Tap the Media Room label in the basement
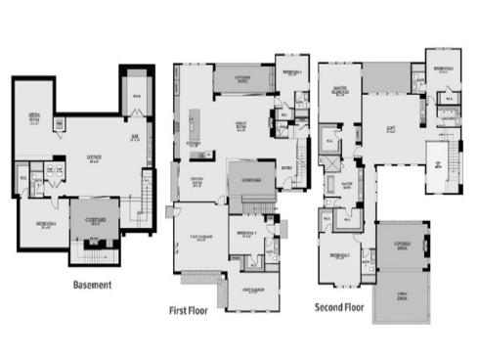point(34,118)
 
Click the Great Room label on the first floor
point(240,125)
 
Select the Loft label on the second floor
point(390,127)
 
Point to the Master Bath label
point(347,182)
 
